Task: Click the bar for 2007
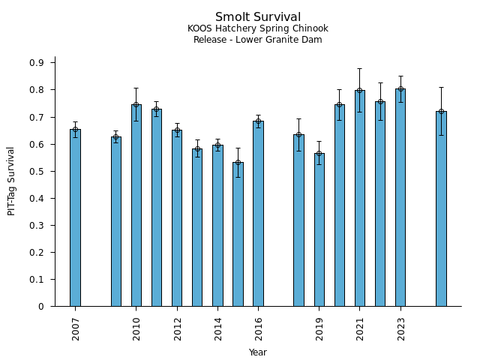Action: click(75, 217)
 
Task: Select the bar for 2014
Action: click(217, 225)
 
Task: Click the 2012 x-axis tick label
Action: click(178, 328)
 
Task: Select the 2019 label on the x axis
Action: click(319, 328)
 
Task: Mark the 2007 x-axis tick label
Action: click(76, 328)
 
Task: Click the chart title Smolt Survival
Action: click(258, 17)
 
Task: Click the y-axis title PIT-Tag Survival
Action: click(11, 181)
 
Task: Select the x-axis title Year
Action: click(258, 352)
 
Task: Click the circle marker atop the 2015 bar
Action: click(238, 163)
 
